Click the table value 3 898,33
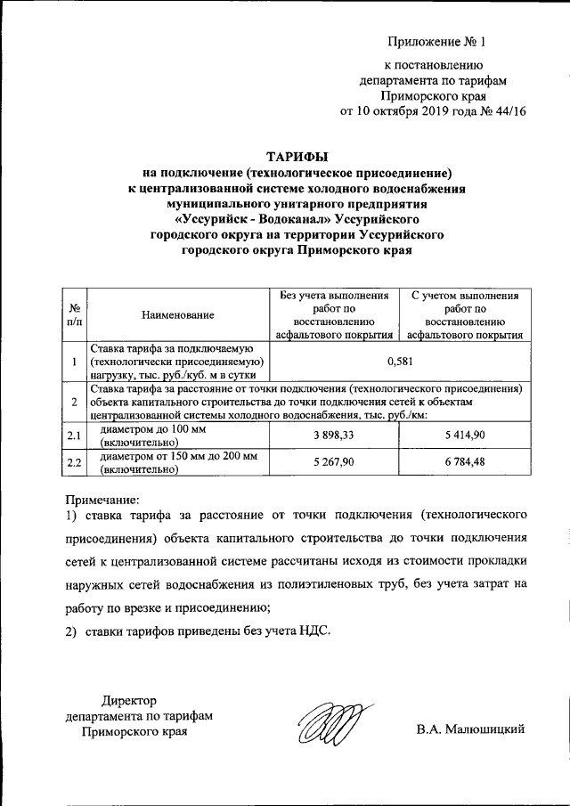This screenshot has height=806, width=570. (x=334, y=435)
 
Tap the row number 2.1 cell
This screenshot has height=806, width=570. (x=75, y=436)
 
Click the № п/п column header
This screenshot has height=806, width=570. (x=75, y=314)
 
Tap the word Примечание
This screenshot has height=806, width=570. (x=102, y=500)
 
